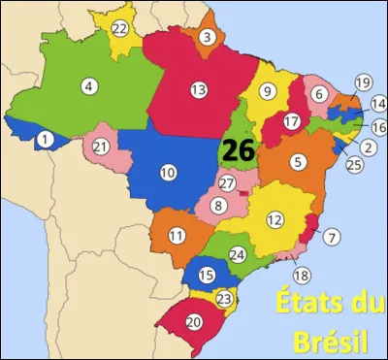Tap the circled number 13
click(x=199, y=90)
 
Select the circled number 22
click(x=119, y=29)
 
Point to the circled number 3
click(x=207, y=38)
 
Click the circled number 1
click(x=44, y=140)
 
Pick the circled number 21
click(x=100, y=147)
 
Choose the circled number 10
click(x=168, y=173)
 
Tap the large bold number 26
click(x=237, y=150)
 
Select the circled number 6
click(x=319, y=93)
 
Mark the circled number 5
click(x=298, y=161)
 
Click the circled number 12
click(x=275, y=220)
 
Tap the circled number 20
click(x=194, y=321)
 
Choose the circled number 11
click(x=177, y=236)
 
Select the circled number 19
click(x=363, y=82)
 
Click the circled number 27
click(x=227, y=183)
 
